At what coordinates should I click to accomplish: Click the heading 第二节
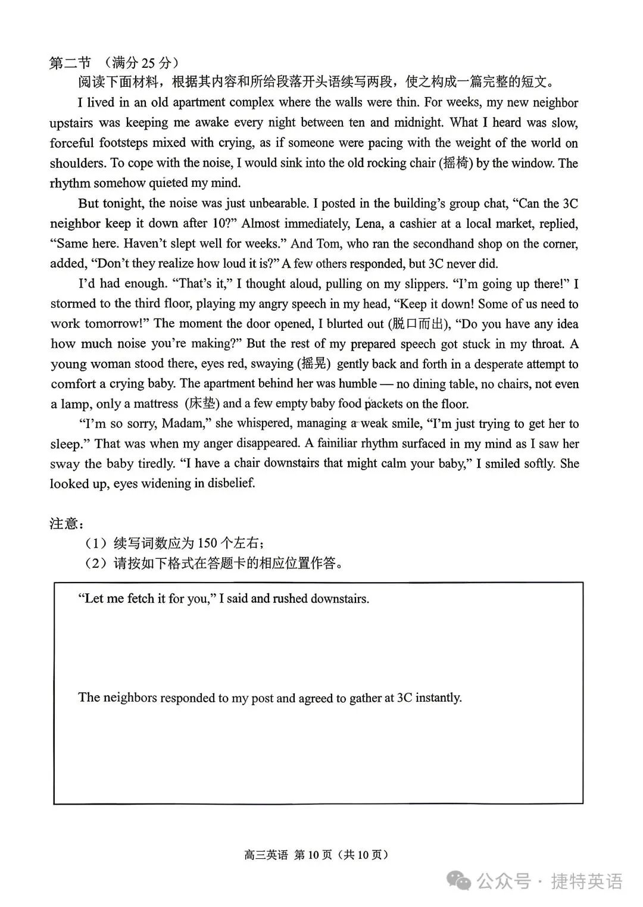pos(70,62)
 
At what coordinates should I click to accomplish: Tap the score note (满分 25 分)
pos(141,62)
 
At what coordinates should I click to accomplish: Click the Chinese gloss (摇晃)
pos(313,364)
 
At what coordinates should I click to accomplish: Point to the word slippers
pos(424,284)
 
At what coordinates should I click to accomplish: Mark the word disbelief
pos(227,483)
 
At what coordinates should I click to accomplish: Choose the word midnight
pos(415,123)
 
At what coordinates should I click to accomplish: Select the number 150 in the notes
pos(207,543)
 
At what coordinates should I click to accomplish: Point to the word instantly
pos(438,698)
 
